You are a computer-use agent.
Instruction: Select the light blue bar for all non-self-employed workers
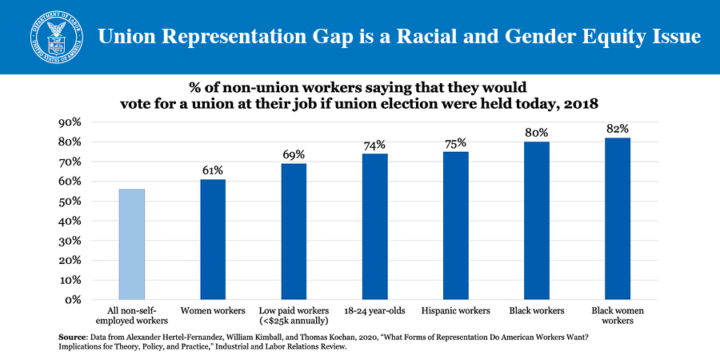pos(132,244)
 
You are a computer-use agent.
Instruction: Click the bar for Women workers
pos(213,239)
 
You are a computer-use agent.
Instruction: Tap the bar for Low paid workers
pos(294,231)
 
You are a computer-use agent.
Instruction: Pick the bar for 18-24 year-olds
pos(374,226)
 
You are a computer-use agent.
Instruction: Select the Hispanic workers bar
pos(455,226)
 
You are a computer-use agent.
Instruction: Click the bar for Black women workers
pos(617,218)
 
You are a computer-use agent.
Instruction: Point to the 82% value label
pos(618,128)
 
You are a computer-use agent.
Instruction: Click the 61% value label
pos(213,170)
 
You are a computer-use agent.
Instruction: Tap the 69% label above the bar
pos(294,154)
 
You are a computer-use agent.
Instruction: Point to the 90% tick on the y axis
pos(72,122)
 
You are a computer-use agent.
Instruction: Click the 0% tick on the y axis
pos(75,300)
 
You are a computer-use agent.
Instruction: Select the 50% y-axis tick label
pos(72,202)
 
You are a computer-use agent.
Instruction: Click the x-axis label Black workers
pos(536,310)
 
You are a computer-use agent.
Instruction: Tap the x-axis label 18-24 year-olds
pos(374,310)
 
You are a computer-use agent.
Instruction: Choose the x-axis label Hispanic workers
pos(455,310)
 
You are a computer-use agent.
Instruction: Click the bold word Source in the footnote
pos(74,336)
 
